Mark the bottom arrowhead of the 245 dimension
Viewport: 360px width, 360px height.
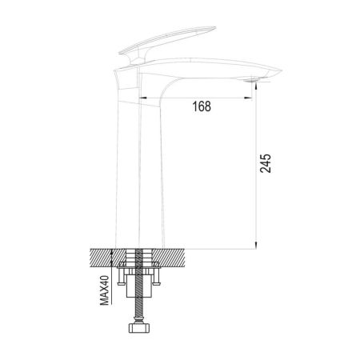[255, 245]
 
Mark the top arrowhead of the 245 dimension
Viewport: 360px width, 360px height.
[255, 83]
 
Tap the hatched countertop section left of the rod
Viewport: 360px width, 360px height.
[104, 258]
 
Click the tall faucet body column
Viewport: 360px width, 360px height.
[144, 176]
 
